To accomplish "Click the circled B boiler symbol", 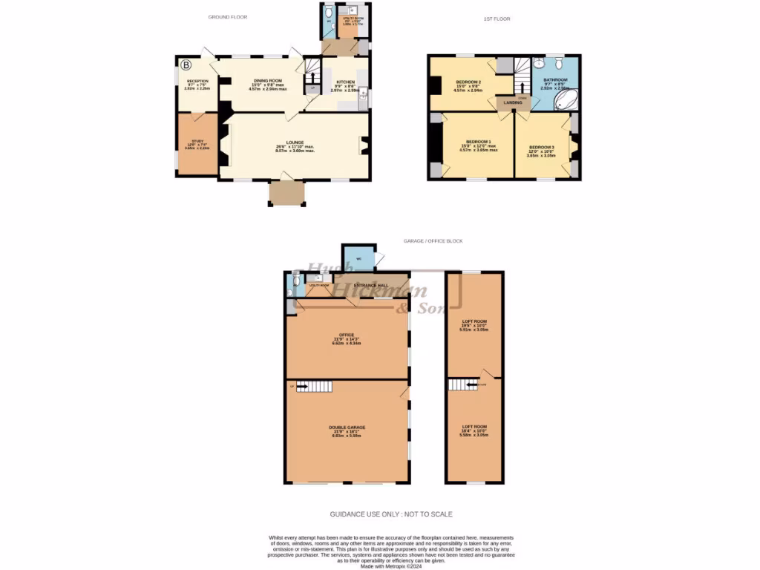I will tap(186, 64).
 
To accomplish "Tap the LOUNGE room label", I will tap(295, 142).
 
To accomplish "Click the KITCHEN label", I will tap(345, 82).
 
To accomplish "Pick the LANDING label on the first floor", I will tap(513, 102).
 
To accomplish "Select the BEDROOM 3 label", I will tap(542, 147).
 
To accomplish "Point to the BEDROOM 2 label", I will tap(468, 82).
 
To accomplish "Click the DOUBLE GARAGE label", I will tap(347, 427).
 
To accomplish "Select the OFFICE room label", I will tap(346, 335).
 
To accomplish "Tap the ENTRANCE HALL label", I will tap(370, 285).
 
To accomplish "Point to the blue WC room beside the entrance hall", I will tap(358, 258).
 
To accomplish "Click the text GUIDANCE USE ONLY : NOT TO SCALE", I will tap(391, 514).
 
